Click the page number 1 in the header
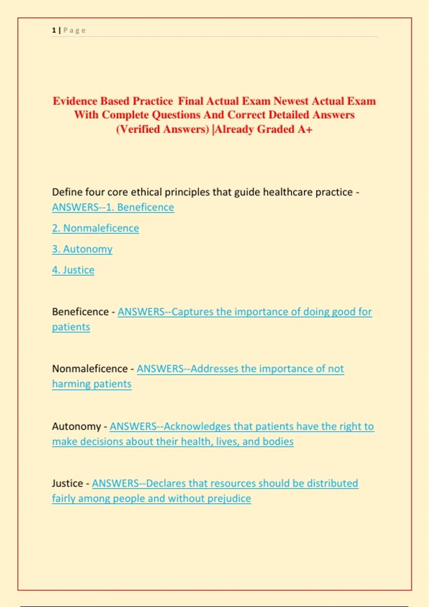point(54,30)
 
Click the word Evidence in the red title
point(75,101)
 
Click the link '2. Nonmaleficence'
point(95,228)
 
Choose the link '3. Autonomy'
point(82,249)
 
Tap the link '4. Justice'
point(73,270)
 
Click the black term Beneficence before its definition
point(80,312)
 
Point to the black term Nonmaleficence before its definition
point(90,368)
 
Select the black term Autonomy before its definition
point(77,426)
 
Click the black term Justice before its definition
point(68,483)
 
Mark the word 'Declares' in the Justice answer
point(166,483)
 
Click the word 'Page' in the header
point(75,30)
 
